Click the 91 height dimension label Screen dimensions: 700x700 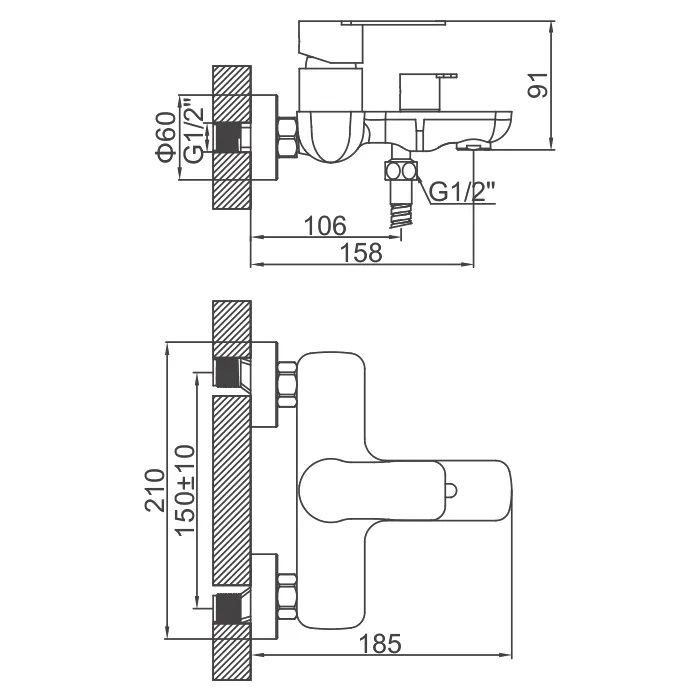pyautogui.click(x=538, y=85)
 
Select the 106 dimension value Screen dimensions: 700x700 pyautogui.click(x=325, y=226)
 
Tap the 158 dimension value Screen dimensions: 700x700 pyautogui.click(x=361, y=253)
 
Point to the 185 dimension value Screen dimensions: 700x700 pyautogui.click(x=380, y=643)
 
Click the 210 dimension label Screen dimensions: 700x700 pyautogui.click(x=155, y=491)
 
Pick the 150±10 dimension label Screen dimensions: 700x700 pyautogui.click(x=185, y=490)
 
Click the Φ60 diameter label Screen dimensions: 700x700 pyautogui.click(x=166, y=137)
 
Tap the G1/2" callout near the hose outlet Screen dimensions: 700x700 pyautogui.click(x=462, y=192)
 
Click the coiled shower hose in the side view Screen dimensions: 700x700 pyautogui.click(x=400, y=216)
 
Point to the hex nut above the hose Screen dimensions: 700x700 pyautogui.click(x=400, y=171)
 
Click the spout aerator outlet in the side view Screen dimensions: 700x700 pyautogui.click(x=473, y=146)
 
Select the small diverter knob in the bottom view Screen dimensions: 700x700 pyautogui.click(x=451, y=491)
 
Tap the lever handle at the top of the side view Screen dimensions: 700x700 pyautogui.click(x=331, y=43)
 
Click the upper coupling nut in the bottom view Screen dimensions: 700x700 pyautogui.click(x=287, y=385)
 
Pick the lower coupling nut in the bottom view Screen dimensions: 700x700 pyautogui.click(x=287, y=597)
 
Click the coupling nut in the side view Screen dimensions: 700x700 pyautogui.click(x=288, y=138)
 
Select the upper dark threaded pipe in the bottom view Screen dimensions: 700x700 pyautogui.click(x=227, y=373)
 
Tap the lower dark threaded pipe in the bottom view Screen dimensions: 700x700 pyautogui.click(x=227, y=608)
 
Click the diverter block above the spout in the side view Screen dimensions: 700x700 pyautogui.click(x=420, y=92)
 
